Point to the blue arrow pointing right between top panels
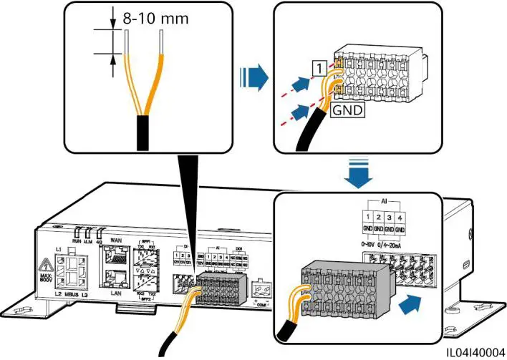click(259, 74)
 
